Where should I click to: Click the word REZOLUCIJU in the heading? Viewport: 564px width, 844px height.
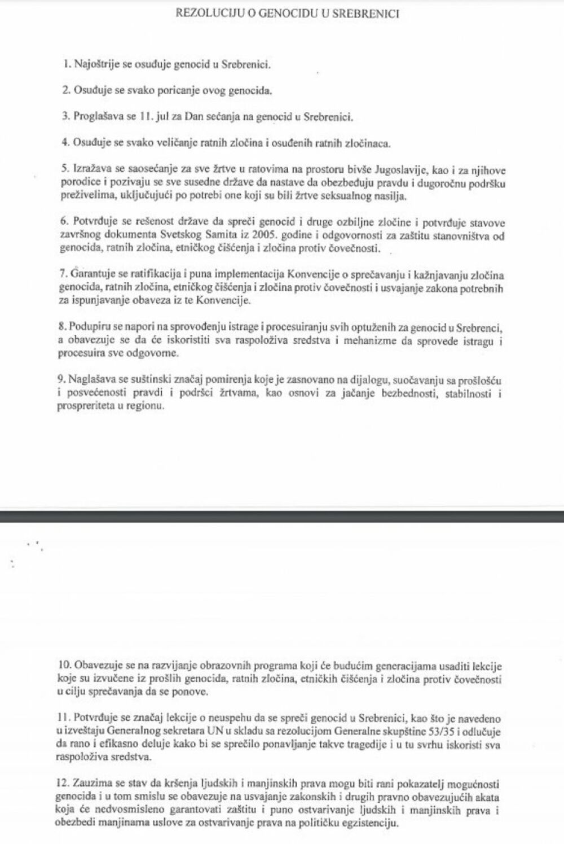(206, 14)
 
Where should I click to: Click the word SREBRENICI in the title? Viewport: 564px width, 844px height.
(368, 14)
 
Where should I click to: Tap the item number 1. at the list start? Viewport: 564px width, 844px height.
(67, 64)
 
